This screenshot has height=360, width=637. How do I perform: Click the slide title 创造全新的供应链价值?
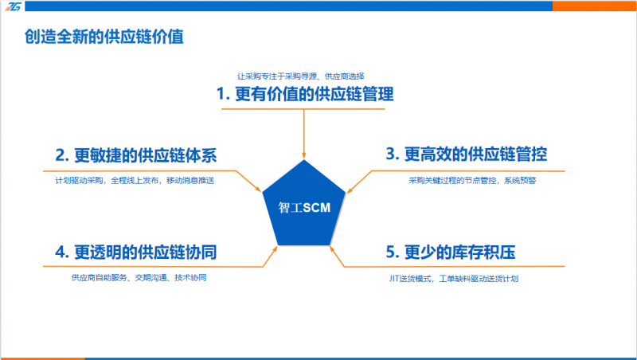point(104,37)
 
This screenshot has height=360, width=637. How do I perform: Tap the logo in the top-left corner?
point(13,6)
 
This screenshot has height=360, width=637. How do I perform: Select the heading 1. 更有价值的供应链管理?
point(305,94)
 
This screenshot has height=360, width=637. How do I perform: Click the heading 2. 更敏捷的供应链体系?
point(136,155)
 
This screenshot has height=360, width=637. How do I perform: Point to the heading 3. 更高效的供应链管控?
point(467,154)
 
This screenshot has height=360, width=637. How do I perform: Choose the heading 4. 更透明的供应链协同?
point(136,252)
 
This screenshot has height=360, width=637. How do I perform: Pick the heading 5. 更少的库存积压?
point(451,252)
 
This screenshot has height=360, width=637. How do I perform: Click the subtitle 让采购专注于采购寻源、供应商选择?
point(301,76)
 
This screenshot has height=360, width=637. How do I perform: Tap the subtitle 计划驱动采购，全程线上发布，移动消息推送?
point(135,180)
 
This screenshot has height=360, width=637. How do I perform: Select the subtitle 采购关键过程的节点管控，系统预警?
point(472,180)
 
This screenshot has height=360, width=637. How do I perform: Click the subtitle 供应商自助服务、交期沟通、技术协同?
point(139,277)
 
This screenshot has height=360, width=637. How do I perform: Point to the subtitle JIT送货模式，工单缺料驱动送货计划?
point(453,278)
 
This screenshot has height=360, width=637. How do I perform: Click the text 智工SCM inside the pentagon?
point(304,208)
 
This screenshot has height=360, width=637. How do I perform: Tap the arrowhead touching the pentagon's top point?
point(304,155)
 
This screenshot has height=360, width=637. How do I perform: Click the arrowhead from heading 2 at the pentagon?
point(257,189)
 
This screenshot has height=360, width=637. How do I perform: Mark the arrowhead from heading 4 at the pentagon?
point(275,248)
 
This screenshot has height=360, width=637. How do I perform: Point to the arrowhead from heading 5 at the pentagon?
point(332,249)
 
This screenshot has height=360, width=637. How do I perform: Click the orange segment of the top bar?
point(594,6)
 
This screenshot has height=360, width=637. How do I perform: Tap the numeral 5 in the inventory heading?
point(390,252)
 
